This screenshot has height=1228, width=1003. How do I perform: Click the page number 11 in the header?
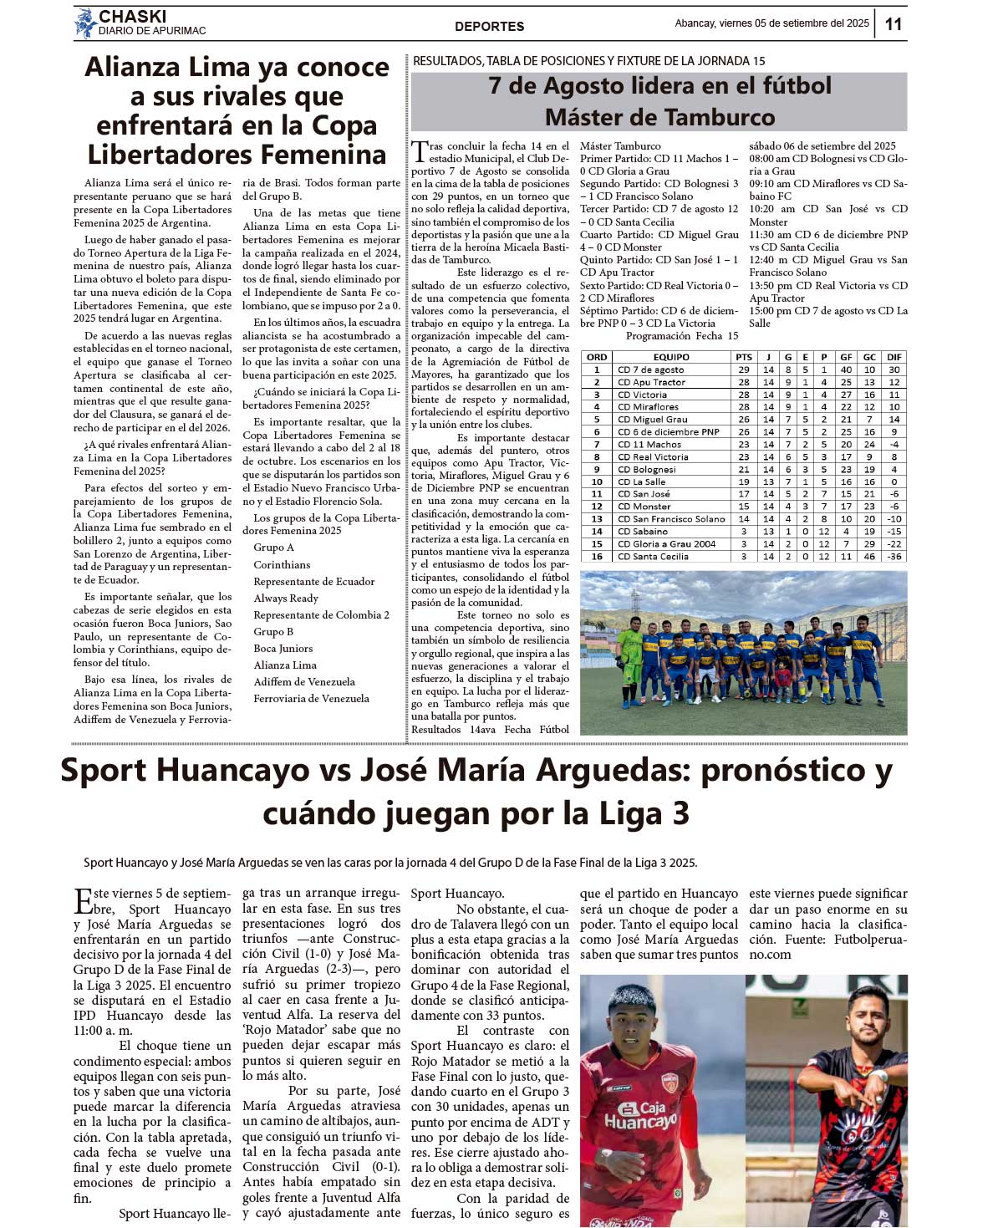(x=893, y=23)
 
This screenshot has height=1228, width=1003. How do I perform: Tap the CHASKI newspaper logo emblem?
(x=84, y=23)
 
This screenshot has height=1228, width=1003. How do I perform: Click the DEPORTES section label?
(x=489, y=27)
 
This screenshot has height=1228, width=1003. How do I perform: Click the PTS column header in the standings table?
(x=744, y=357)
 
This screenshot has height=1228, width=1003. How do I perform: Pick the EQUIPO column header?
(x=671, y=357)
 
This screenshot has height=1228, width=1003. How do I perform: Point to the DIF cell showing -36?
(x=894, y=556)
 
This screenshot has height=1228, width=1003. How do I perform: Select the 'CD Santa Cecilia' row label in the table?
(x=653, y=556)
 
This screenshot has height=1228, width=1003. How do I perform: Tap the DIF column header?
(x=894, y=357)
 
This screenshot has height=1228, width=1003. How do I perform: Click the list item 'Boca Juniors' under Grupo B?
(x=283, y=649)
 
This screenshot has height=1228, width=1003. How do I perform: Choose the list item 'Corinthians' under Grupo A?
(x=282, y=565)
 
